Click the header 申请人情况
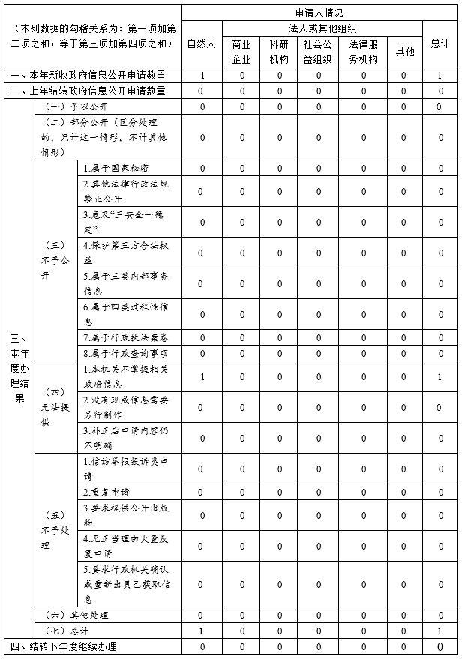click(x=319, y=13)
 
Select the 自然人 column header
click(x=201, y=43)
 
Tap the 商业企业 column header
click(x=241, y=51)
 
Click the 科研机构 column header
click(x=279, y=51)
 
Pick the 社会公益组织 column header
click(x=318, y=51)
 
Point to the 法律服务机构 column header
click(x=364, y=51)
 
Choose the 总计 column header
click(x=440, y=43)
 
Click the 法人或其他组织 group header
click(x=322, y=28)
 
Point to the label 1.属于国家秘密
click(x=116, y=168)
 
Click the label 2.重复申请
click(x=106, y=492)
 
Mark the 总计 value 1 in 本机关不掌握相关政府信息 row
click(x=440, y=376)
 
